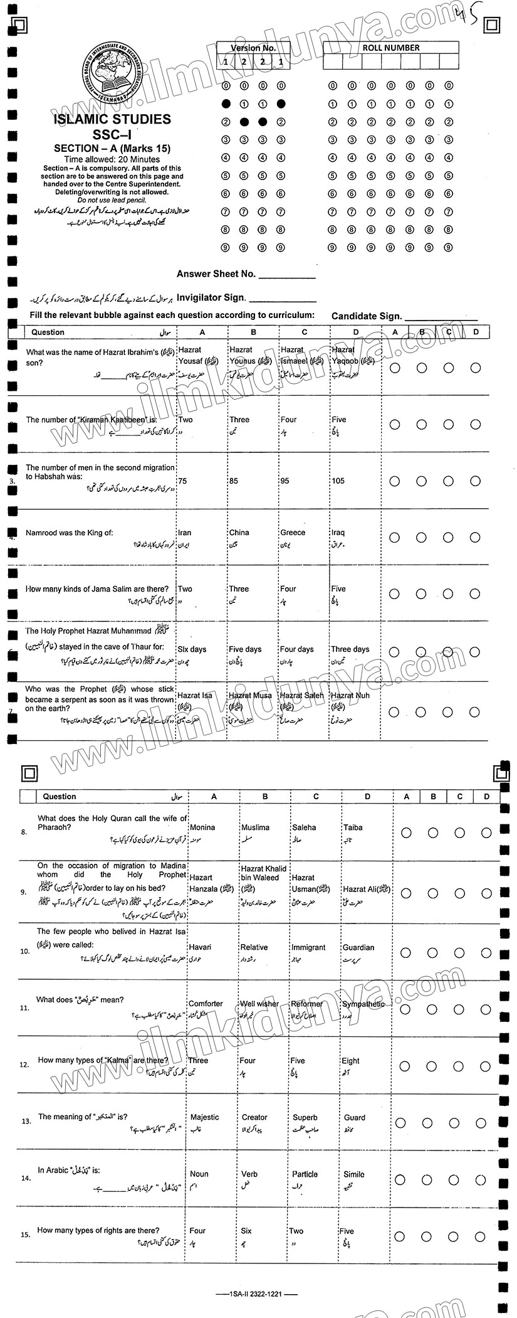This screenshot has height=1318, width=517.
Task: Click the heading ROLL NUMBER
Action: (390, 48)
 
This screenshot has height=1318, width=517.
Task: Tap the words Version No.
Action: (253, 48)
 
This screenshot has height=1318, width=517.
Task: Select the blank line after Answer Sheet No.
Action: (287, 276)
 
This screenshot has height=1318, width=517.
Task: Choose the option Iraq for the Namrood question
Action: (338, 533)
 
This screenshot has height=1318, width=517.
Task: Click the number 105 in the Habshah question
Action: (338, 481)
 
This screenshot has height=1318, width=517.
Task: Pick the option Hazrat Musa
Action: (250, 695)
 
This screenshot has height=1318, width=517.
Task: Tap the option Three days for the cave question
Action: (350, 649)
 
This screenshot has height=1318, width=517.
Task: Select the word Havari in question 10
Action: (200, 947)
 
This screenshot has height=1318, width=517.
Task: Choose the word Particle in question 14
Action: (305, 1174)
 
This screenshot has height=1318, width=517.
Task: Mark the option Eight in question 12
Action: (350, 1061)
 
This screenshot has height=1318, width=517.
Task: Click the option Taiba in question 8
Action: (353, 827)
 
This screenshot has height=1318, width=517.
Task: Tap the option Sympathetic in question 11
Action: (363, 1004)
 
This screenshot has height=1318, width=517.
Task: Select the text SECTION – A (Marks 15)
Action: (112, 149)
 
